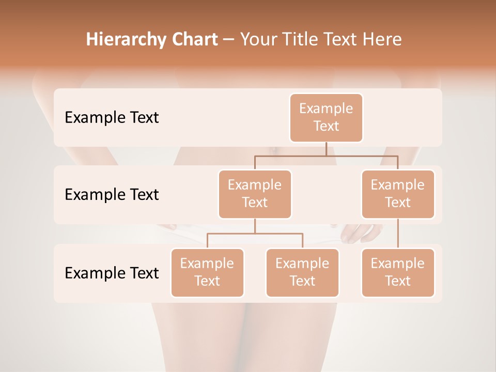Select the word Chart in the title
click(x=192, y=40)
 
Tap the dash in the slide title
click(x=228, y=40)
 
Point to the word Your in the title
click(x=258, y=40)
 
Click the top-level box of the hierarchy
click(x=326, y=117)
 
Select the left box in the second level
click(x=255, y=194)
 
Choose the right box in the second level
click(x=398, y=194)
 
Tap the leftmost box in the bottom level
click(x=207, y=272)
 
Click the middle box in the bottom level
click(x=302, y=272)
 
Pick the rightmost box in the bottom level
click(x=398, y=272)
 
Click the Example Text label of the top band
click(x=112, y=117)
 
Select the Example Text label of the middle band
click(x=112, y=194)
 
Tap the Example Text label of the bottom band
click(x=112, y=273)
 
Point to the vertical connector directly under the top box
click(x=326, y=149)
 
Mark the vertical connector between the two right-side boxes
click(x=398, y=234)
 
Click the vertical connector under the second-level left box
click(x=255, y=226)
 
